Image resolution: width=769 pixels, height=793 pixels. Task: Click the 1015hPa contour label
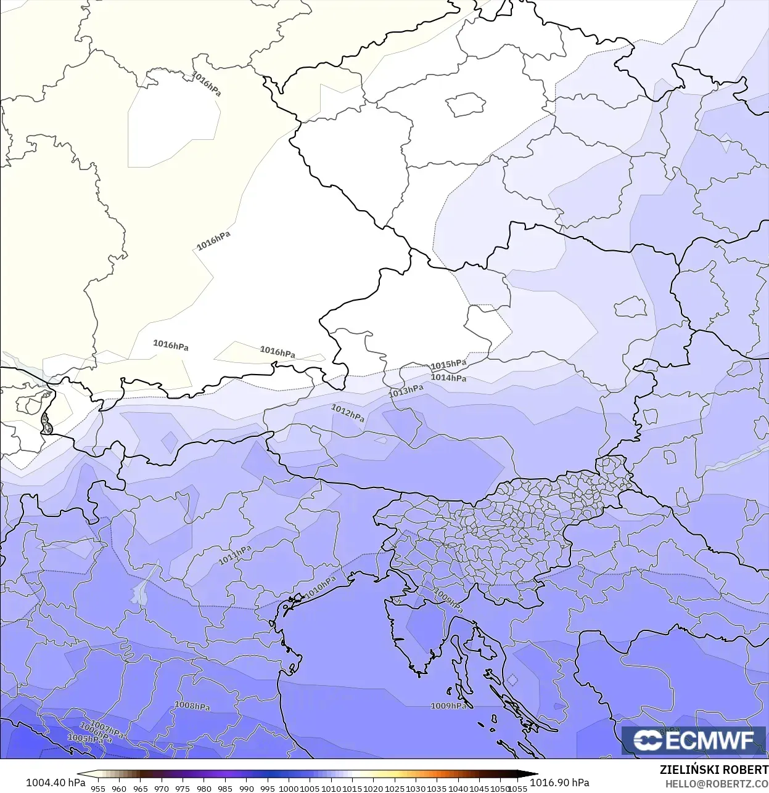point(448,365)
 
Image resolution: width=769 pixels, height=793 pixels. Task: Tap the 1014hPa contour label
point(448,378)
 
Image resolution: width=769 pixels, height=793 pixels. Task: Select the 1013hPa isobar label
point(406,391)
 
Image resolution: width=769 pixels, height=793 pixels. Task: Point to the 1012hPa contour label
point(348,413)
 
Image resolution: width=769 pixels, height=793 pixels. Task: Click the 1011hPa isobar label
point(235,555)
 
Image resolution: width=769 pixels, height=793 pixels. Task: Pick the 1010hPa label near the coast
point(321,587)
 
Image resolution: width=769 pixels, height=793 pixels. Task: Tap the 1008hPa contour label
point(192,706)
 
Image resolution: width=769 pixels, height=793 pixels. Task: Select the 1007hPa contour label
point(107,730)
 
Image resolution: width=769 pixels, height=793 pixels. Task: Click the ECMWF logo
point(694,740)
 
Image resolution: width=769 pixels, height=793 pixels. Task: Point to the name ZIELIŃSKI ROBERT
point(713,770)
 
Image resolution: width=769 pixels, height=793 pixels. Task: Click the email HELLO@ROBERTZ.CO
point(717,784)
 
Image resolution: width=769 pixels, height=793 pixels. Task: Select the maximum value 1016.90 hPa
point(559,783)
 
